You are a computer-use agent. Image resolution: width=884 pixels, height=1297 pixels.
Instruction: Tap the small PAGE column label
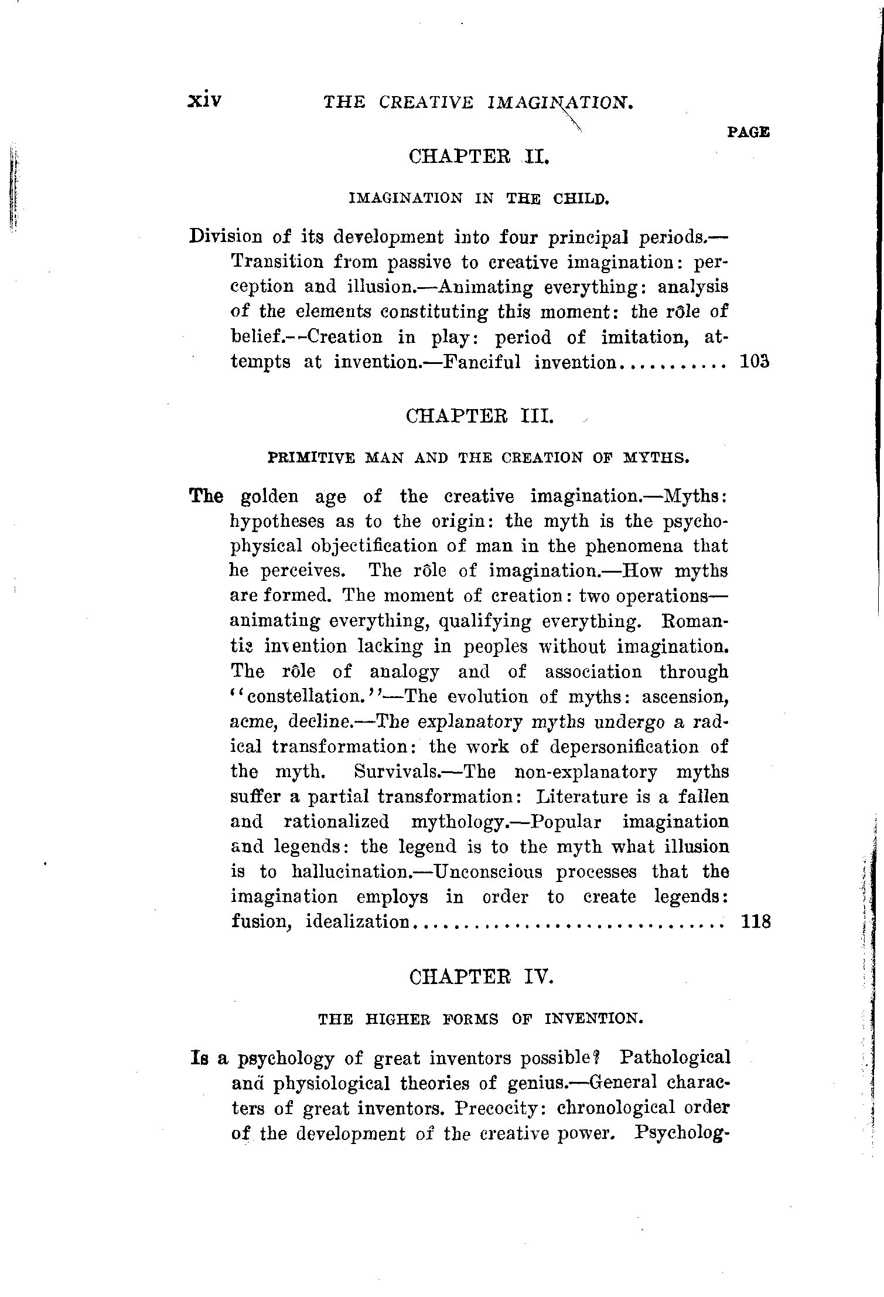[748, 132]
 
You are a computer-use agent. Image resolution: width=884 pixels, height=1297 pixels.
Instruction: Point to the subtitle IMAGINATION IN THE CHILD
[480, 199]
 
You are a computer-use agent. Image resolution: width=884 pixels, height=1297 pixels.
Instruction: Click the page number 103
[754, 362]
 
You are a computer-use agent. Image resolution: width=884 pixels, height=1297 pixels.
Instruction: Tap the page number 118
[755, 922]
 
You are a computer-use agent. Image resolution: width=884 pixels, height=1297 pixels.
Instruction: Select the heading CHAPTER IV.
[481, 978]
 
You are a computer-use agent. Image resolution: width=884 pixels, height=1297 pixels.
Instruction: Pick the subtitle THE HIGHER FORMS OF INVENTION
[480, 1019]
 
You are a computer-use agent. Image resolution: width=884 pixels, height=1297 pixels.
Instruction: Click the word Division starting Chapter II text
[226, 237]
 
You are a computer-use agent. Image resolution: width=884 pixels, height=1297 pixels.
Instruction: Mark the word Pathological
[675, 1058]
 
